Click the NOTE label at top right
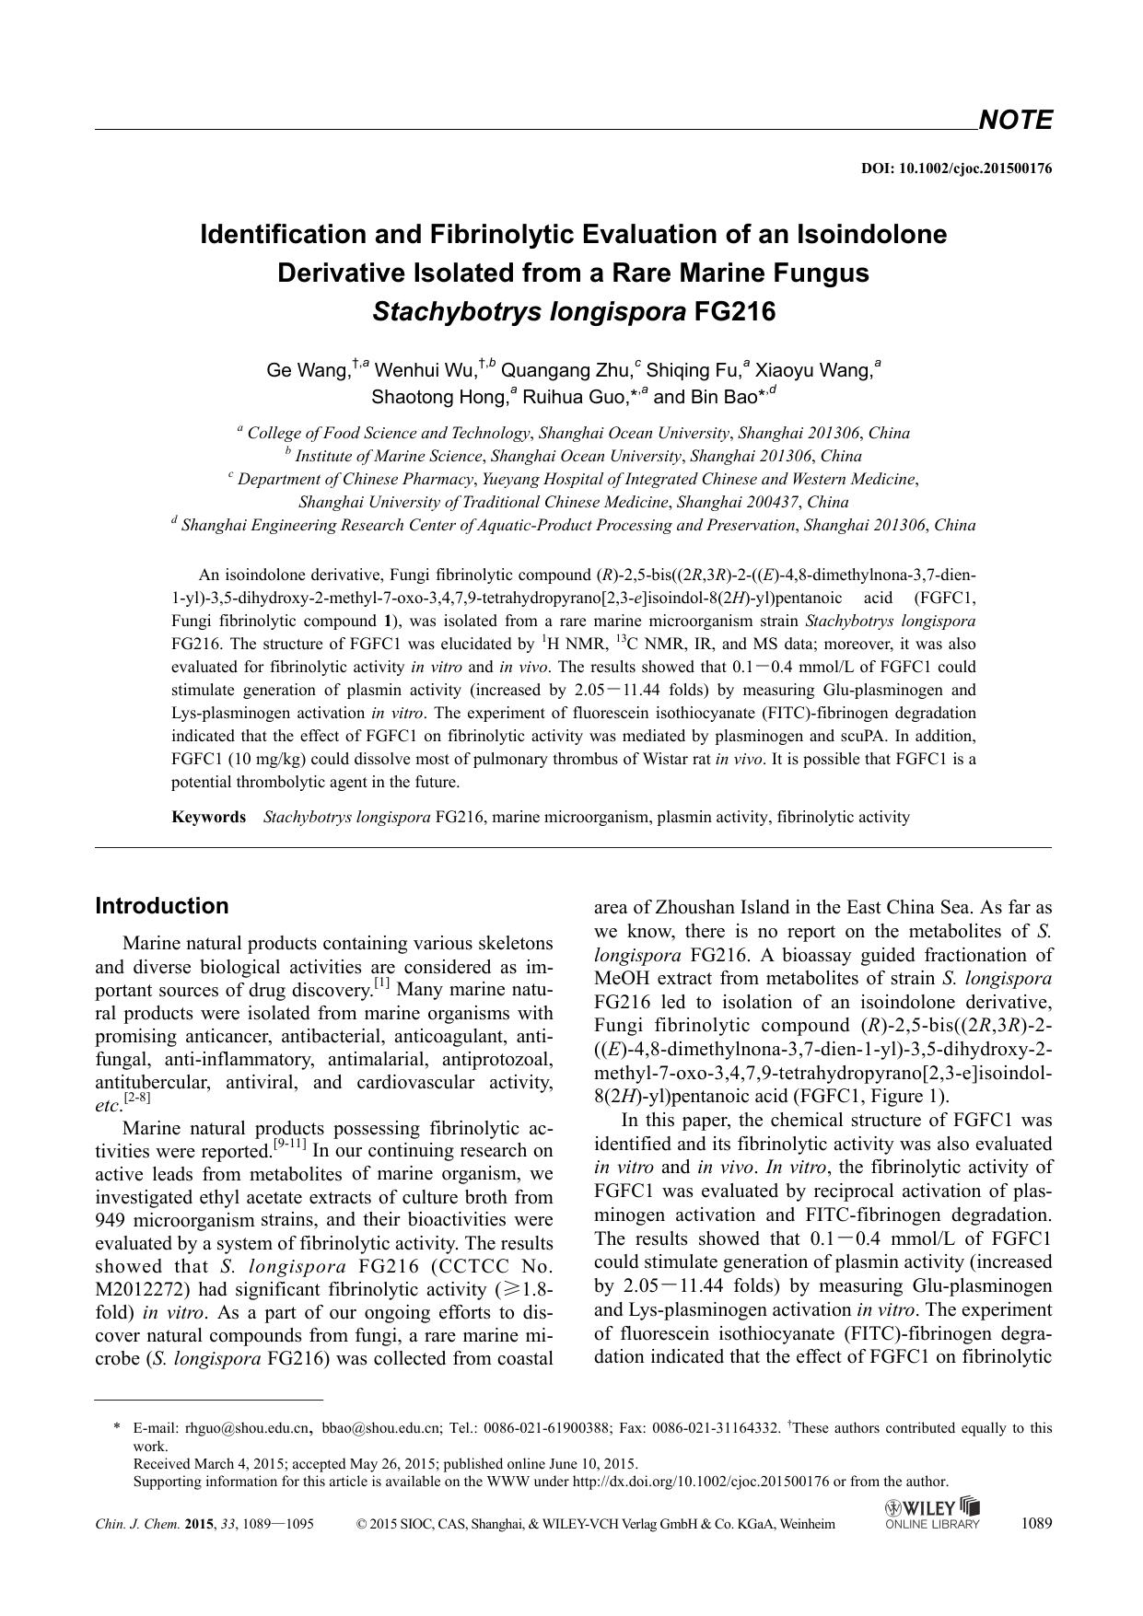(x=1014, y=120)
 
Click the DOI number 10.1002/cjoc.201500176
(x=975, y=169)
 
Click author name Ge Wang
(x=308, y=370)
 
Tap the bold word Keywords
(x=208, y=817)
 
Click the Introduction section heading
(x=162, y=905)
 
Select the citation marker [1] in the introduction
(x=381, y=984)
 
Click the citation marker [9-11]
(x=290, y=1145)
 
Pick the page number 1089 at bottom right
(x=1036, y=1523)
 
